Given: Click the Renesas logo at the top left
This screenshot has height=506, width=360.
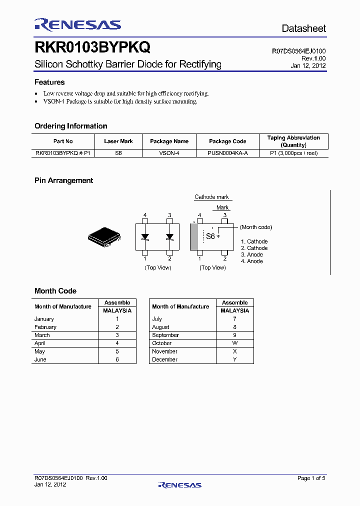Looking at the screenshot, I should coord(77,25).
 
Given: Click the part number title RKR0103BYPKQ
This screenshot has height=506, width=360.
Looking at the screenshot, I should coord(92,47).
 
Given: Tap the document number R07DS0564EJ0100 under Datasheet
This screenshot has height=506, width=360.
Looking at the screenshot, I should coord(298,51).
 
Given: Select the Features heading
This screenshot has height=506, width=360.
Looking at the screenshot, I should coord(49,82).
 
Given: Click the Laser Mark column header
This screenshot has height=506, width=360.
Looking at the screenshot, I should coord(118,141).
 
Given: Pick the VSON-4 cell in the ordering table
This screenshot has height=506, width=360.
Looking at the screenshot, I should coord(169,153).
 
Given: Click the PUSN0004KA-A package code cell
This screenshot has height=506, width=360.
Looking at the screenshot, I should coord(227,153).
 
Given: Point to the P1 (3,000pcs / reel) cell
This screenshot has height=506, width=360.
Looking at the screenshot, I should coord(293,153).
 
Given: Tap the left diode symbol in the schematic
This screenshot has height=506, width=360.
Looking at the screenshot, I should coord(145,237).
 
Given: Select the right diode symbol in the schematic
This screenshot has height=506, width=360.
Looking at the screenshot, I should coord(170,237).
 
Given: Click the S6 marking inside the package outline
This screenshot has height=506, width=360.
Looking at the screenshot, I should coord(210,236).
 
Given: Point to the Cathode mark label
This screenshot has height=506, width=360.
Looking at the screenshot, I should coord(211,197).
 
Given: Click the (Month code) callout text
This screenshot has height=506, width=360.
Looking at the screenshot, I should coord(256,227).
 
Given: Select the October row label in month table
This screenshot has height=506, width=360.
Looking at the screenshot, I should coord(162,343).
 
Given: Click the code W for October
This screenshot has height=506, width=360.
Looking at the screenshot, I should coord(235,343).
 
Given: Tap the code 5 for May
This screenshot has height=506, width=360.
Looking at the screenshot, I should coord(117,351).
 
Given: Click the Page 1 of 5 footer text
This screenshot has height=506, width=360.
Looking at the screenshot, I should coord(311,478).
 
